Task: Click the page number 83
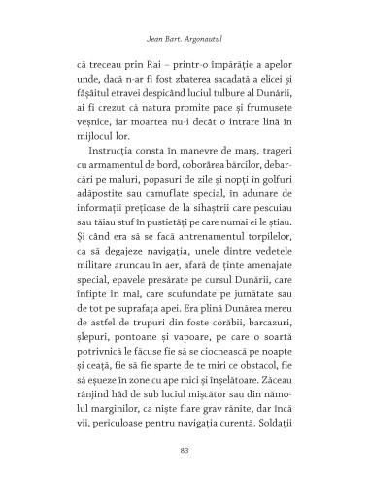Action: (185, 449)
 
